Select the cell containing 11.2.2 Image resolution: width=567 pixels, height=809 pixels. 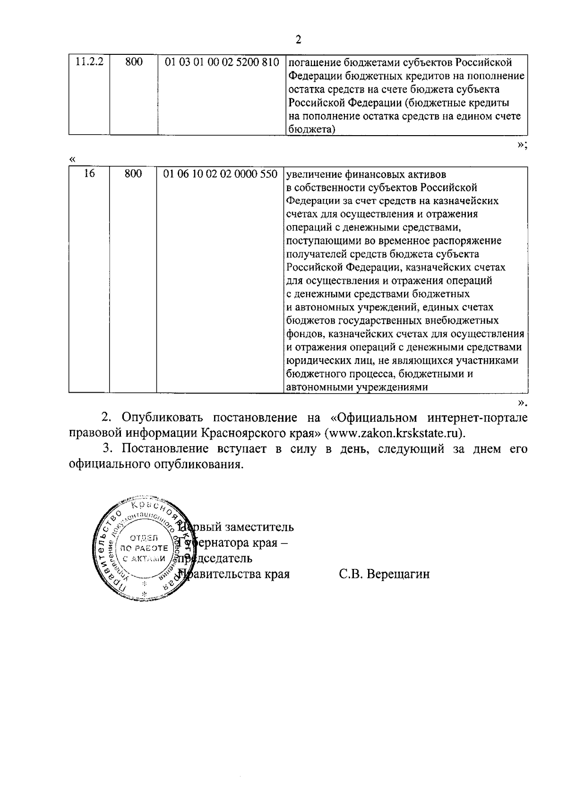point(90,62)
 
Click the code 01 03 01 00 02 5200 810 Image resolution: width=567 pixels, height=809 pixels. point(221,62)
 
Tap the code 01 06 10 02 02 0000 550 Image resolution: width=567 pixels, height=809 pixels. point(220,174)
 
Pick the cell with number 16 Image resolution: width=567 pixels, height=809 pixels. point(89,174)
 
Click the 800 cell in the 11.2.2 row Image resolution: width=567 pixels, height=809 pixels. point(134,62)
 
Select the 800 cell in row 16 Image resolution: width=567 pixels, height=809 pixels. point(133,174)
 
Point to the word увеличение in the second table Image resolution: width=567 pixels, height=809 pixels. point(316,174)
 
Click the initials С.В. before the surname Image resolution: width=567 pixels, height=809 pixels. point(351,575)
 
